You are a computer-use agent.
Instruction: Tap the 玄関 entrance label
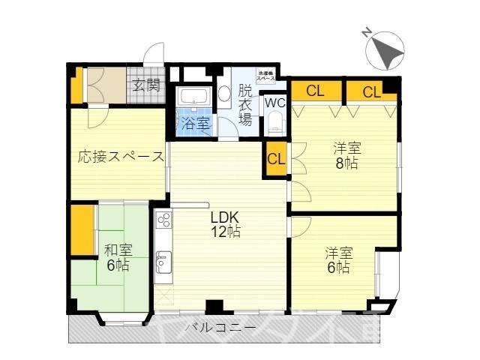[x=147, y=85]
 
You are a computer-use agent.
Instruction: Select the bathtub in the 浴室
[x=193, y=97]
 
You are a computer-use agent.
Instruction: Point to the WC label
[x=274, y=103]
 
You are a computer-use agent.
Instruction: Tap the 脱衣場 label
[x=245, y=106]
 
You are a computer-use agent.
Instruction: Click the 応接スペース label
[x=121, y=157]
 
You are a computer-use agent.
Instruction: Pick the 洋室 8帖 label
[x=346, y=156]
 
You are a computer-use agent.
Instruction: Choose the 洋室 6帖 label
[x=337, y=259]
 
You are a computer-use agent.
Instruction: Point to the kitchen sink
[x=163, y=262]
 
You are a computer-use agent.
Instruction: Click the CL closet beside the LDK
[x=276, y=159]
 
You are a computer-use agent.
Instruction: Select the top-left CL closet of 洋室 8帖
[x=315, y=91]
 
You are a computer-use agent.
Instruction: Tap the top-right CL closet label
[x=372, y=91]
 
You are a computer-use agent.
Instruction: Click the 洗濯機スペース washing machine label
[x=267, y=76]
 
